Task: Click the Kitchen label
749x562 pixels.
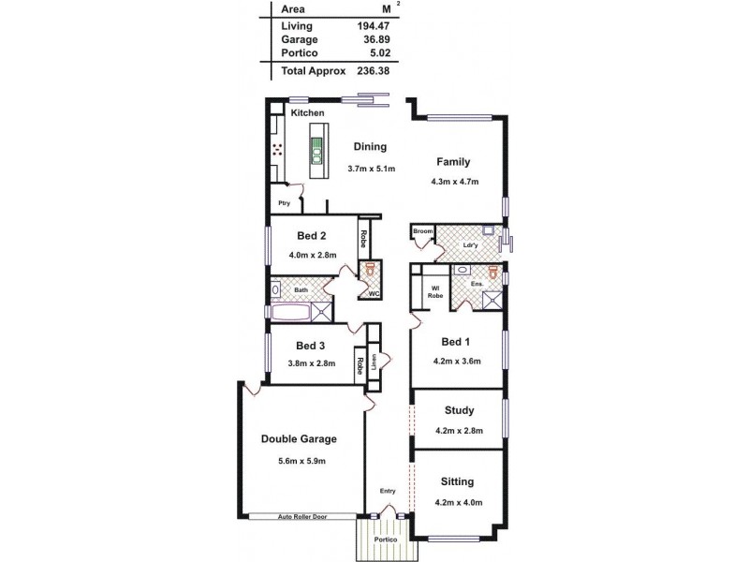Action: point(307,113)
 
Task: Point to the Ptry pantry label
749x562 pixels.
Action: point(283,203)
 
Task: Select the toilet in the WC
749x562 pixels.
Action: point(371,269)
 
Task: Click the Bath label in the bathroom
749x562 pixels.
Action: point(301,290)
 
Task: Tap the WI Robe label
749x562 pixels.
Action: point(435,291)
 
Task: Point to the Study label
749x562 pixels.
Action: point(459,410)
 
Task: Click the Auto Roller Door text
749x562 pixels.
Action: point(301,516)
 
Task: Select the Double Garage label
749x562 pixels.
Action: point(299,438)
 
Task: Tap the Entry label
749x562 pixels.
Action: point(387,491)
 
